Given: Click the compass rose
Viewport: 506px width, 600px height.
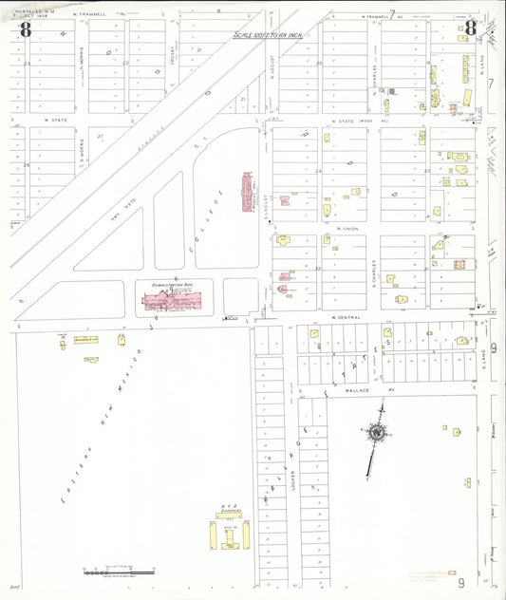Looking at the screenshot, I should click(x=377, y=434).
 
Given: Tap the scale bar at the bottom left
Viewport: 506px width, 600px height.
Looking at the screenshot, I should click(x=118, y=572).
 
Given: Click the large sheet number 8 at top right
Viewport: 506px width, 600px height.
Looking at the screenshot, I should click(x=470, y=27).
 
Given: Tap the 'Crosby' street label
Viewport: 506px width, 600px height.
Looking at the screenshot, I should click(x=175, y=56).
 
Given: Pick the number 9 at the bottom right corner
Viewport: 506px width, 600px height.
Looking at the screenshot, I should click(x=461, y=580).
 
